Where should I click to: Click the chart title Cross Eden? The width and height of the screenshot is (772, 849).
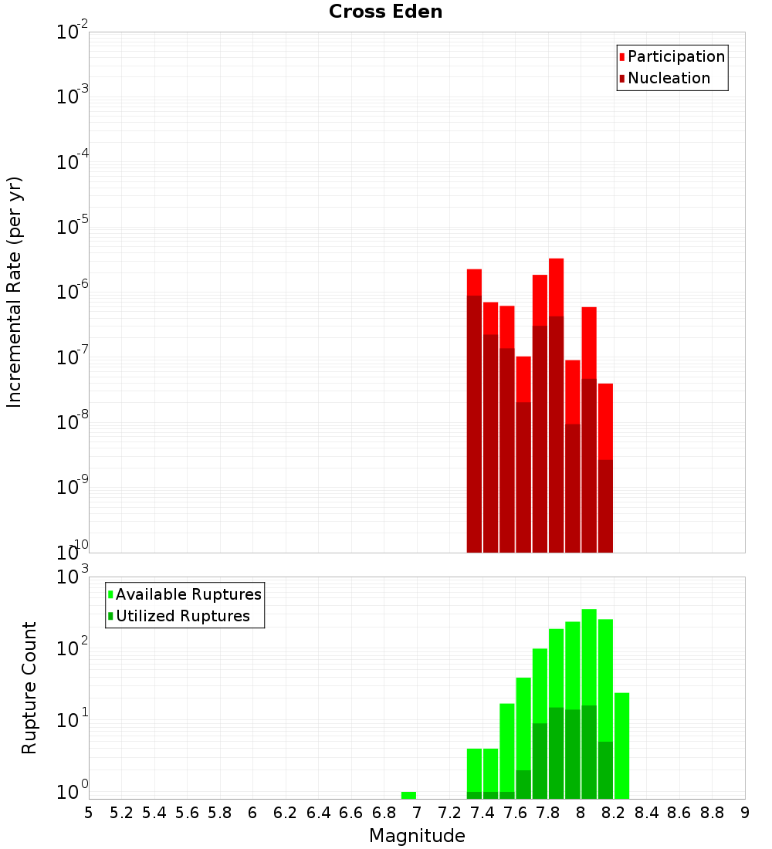coord(385,12)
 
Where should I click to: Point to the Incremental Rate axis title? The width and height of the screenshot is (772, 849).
coord(15,292)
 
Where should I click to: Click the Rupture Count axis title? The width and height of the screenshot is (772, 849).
coord(29,687)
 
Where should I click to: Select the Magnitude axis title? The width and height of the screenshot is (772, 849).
coord(417,836)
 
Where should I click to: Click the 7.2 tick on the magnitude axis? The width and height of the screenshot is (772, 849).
coord(450,813)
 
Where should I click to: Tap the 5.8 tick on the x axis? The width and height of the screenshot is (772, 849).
coord(220,813)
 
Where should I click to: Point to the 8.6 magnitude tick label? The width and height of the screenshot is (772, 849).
coord(679,813)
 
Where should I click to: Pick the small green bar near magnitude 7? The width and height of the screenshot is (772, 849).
coord(408,795)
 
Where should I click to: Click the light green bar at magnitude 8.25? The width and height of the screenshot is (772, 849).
coord(622,746)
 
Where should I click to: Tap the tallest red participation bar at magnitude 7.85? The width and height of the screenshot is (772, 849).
coord(557,286)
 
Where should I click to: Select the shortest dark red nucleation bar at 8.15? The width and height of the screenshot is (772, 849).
coord(605,506)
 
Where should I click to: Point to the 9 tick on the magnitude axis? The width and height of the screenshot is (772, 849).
coord(745,813)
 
